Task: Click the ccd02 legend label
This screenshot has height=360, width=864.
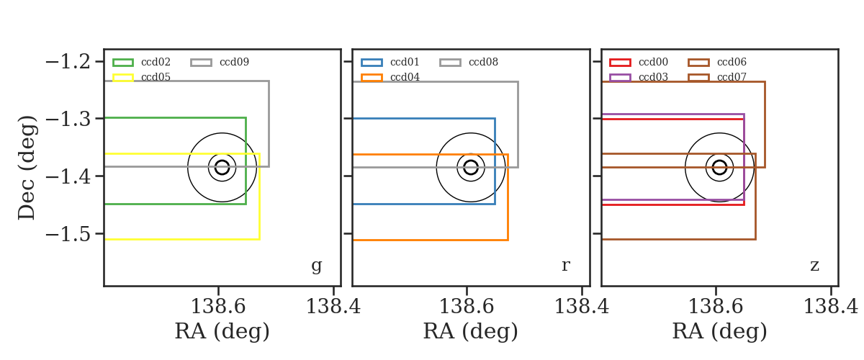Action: coord(156,62)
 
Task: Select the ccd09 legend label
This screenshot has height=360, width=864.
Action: coord(234,62)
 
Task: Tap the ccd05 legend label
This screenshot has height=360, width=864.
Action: coord(156,77)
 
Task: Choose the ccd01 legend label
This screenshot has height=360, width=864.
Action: coord(405,62)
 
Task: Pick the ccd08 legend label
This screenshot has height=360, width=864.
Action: coord(483,62)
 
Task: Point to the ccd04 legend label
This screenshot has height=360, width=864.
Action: coord(405,77)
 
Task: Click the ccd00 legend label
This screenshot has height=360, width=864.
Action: coord(653,62)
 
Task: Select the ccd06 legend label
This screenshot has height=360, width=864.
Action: coord(732,62)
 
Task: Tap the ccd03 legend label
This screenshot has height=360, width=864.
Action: coord(653,77)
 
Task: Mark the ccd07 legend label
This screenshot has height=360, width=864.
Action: coord(732,77)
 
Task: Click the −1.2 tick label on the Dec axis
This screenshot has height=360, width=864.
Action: coord(68,62)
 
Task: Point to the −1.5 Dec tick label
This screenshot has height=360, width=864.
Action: coord(68,234)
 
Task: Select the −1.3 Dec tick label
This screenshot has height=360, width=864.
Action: coord(68,120)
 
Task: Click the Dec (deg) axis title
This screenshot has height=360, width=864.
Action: coord(27,168)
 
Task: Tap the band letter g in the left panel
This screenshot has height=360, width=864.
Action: coord(316,266)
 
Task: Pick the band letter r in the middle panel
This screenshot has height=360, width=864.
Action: coord(565,265)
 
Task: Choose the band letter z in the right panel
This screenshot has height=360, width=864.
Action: coord(814,266)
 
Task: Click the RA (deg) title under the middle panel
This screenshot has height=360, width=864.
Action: coord(470,331)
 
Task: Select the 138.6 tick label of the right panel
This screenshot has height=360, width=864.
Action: coord(716,307)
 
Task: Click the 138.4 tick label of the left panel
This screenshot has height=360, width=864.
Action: coord(333,307)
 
